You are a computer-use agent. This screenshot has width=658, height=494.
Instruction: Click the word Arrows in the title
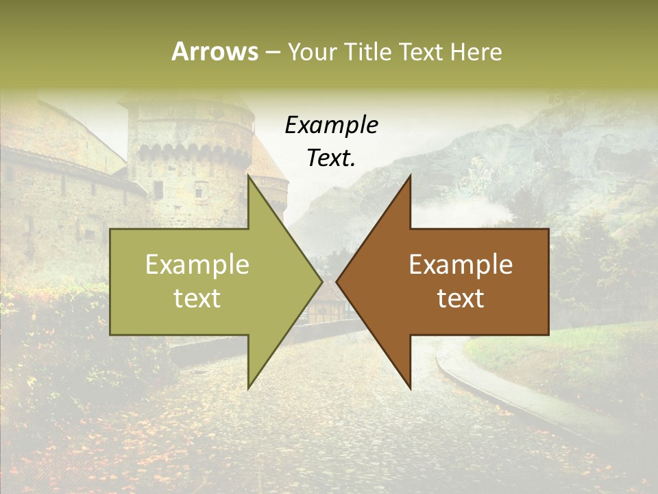215,51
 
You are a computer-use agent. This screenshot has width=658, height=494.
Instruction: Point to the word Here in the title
476,51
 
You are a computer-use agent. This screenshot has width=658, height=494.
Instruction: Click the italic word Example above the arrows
332,125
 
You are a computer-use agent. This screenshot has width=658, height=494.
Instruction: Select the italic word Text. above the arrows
332,158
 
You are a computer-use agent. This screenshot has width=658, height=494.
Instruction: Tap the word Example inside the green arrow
197,265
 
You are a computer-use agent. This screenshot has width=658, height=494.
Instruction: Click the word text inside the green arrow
197,298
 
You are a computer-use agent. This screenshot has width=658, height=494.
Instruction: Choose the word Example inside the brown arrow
461,265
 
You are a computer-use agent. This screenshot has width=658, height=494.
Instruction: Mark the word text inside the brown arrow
461,298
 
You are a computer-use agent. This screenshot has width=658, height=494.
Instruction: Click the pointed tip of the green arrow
321,281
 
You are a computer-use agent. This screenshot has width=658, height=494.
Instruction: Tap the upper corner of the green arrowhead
249,176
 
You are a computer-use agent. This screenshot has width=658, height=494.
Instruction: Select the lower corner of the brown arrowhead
410,388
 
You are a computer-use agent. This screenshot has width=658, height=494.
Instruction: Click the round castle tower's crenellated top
192,148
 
